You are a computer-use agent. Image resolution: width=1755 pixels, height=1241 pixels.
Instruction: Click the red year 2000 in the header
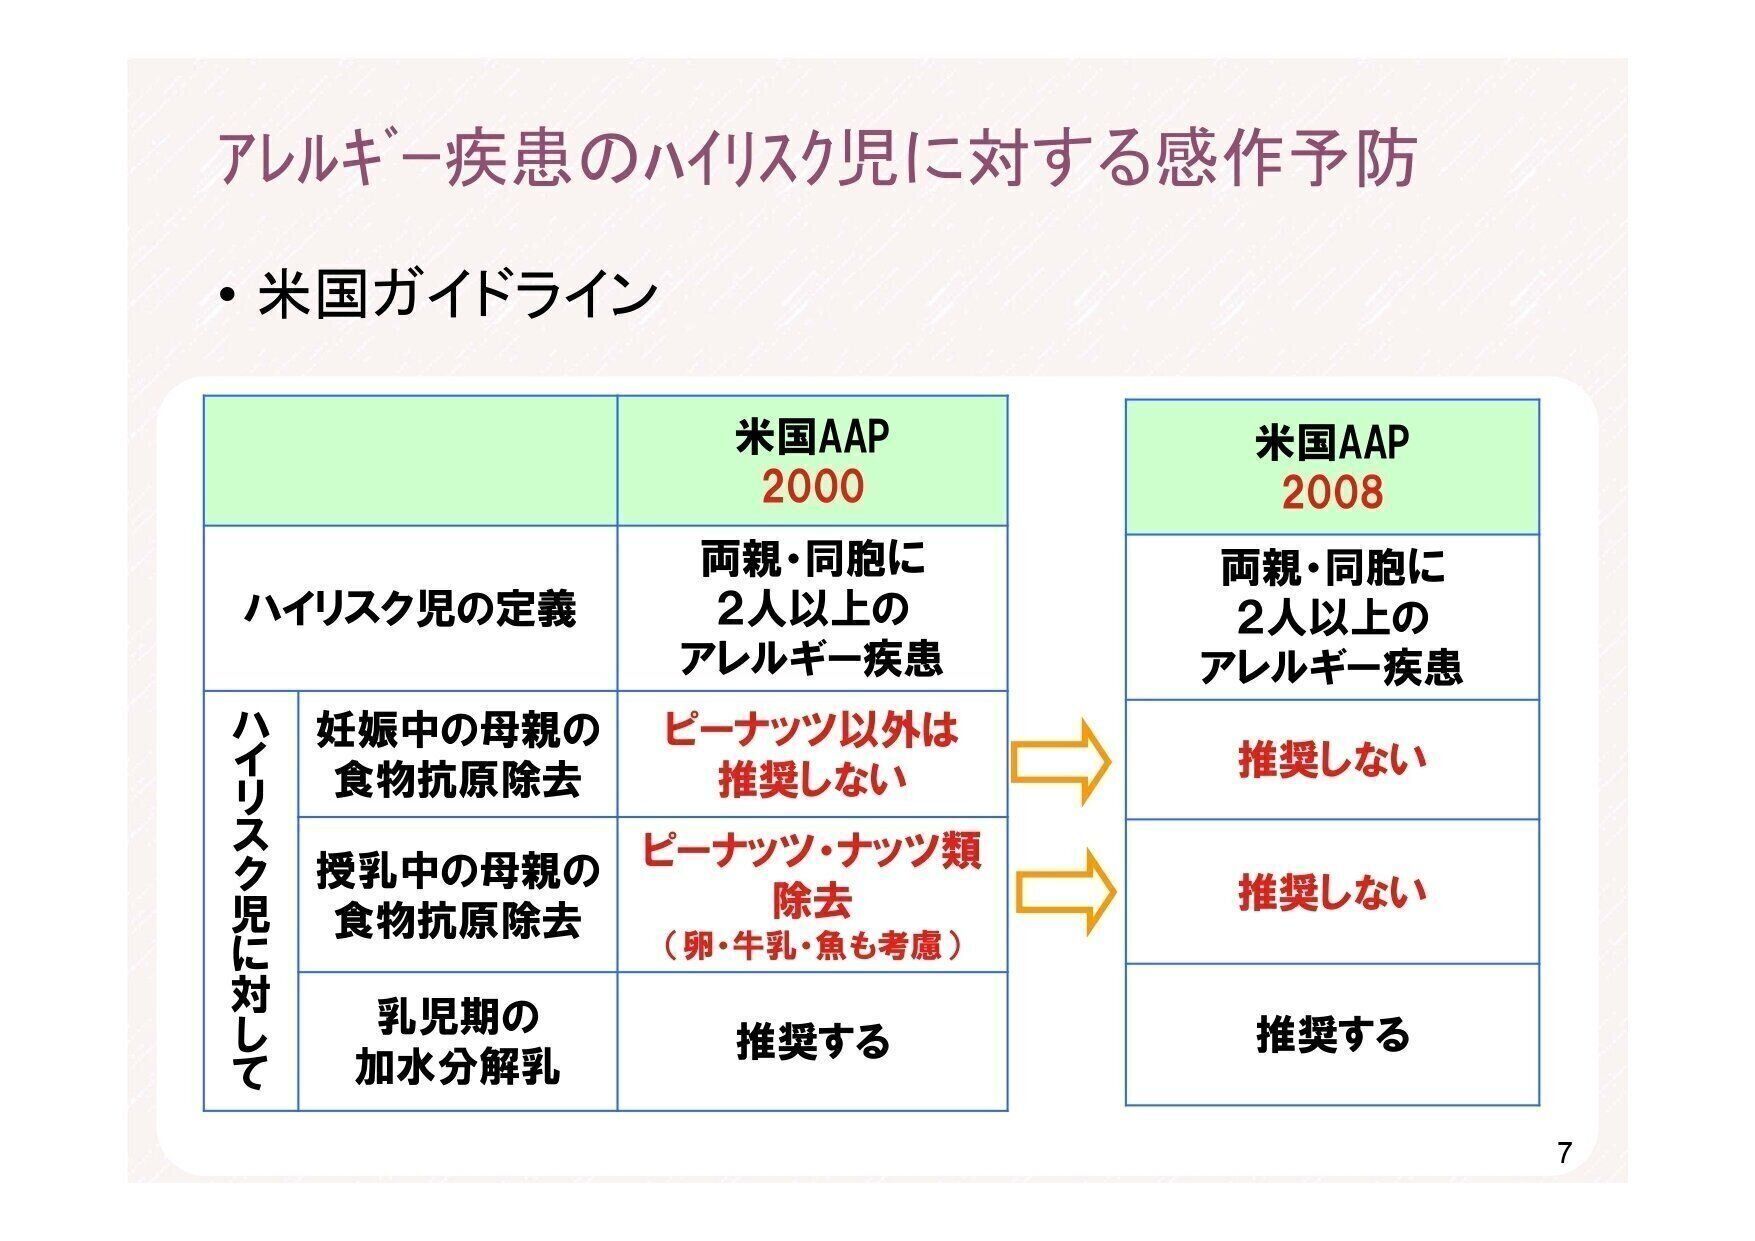coord(812,487)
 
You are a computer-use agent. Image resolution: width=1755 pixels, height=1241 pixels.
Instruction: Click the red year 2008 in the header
coord(1332,493)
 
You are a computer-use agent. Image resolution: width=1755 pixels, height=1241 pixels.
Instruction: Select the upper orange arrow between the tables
coord(1061,762)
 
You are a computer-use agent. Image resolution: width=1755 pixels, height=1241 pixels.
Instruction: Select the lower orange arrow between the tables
coord(1066,892)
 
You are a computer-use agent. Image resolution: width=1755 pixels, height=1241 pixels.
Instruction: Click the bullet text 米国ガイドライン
coord(458,296)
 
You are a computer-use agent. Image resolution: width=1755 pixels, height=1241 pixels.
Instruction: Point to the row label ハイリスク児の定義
coord(410,608)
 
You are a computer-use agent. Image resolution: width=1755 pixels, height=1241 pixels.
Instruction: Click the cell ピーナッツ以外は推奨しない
coord(811,755)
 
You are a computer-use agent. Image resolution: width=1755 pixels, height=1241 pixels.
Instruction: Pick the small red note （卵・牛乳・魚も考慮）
coord(812,945)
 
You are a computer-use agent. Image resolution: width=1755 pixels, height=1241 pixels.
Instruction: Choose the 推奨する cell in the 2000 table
coord(812,1042)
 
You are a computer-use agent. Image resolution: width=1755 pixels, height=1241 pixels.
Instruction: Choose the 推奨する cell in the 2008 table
coord(1332,1035)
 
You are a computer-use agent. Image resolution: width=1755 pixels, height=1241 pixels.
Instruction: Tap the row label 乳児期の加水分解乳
coord(457,1042)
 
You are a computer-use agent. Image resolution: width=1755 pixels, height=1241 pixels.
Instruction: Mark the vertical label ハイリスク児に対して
coord(250,900)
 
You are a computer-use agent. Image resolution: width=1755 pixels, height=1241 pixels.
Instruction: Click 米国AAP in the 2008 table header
coord(1332,442)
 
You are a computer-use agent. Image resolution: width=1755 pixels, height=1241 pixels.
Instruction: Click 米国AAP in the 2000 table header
coord(812,437)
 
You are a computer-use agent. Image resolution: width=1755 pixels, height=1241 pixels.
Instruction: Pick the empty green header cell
coord(410,460)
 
